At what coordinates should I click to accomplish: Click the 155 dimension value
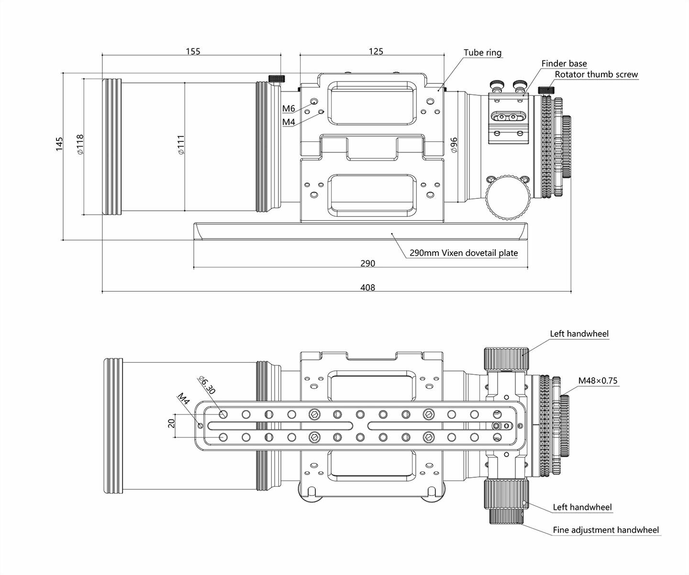(193, 51)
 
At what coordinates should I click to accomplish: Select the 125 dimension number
(376, 51)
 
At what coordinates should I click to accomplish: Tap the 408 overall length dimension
(367, 287)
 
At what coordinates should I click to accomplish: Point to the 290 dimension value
(367, 263)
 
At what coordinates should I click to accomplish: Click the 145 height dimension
(59, 144)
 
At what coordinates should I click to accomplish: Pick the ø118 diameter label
(80, 144)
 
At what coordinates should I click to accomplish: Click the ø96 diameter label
(454, 145)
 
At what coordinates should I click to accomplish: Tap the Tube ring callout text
(482, 53)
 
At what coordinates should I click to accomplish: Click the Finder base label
(564, 63)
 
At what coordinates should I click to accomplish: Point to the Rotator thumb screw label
(596, 74)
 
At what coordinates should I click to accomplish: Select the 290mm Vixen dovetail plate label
(464, 253)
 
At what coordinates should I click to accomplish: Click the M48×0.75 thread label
(598, 381)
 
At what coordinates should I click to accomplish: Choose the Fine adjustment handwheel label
(606, 530)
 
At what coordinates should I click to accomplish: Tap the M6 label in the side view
(289, 109)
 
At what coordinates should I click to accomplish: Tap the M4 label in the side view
(289, 122)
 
